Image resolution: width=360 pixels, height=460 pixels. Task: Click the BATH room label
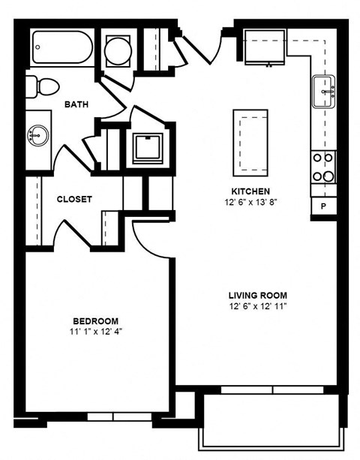(x=76, y=104)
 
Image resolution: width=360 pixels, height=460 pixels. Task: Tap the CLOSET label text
(x=75, y=200)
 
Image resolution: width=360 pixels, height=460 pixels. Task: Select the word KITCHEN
(x=250, y=191)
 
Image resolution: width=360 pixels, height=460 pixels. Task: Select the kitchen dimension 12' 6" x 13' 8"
(x=250, y=202)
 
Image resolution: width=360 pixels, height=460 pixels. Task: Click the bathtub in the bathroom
(x=62, y=50)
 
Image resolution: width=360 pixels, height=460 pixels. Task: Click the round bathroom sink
(x=38, y=136)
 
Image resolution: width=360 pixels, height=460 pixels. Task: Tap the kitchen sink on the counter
(x=324, y=92)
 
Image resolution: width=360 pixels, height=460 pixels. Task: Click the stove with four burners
(x=324, y=167)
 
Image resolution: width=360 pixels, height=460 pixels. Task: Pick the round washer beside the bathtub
(x=118, y=52)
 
